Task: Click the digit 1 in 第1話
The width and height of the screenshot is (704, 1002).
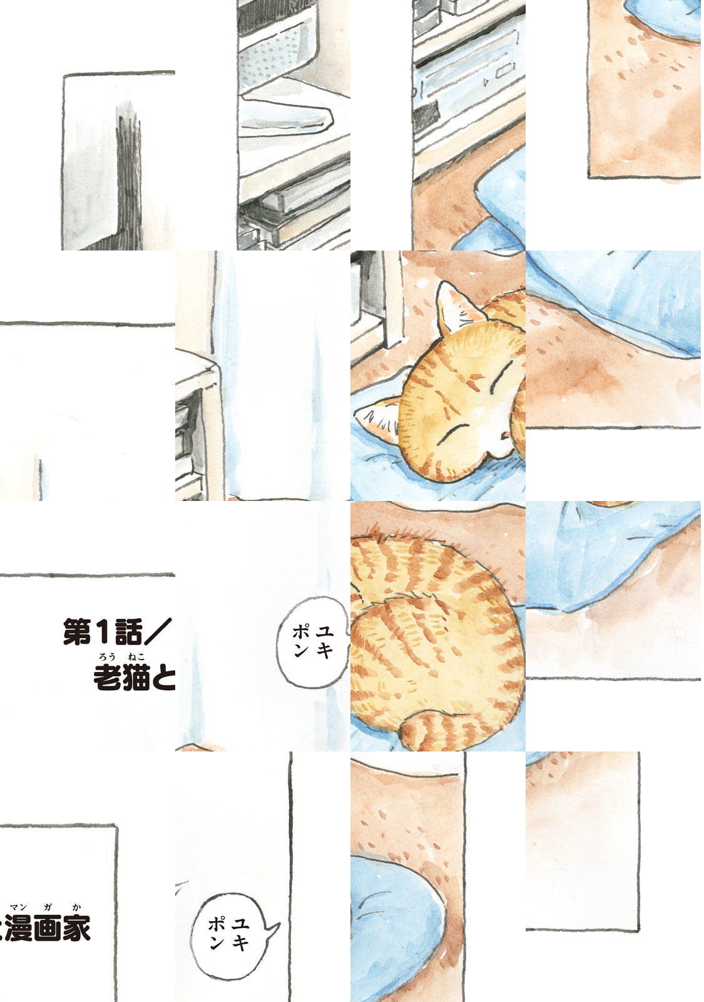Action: point(100,633)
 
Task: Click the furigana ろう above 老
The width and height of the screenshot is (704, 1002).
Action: point(108,658)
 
